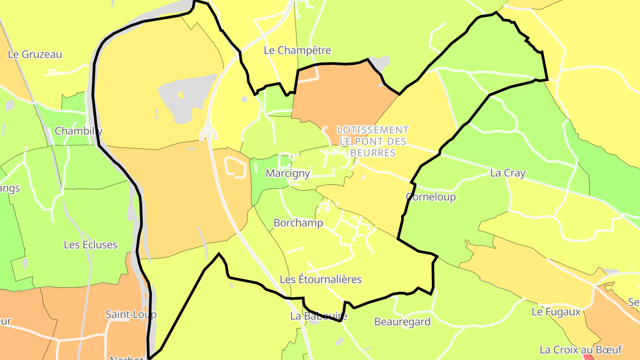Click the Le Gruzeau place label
35,55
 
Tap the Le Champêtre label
297,51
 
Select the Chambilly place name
79,131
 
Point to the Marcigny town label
288,173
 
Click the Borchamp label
298,223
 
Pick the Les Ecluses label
91,245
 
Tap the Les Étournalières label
320,280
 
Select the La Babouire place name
318,316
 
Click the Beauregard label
402,322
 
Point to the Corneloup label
431,197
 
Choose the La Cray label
508,173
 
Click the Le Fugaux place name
556,312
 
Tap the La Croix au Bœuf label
580,350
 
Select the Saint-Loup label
131,315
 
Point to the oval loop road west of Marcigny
236,168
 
